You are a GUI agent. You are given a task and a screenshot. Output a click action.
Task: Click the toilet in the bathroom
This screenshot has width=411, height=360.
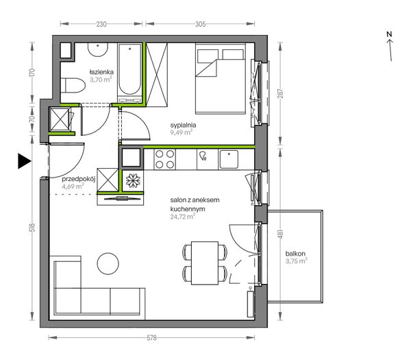pyautogui.click(x=73, y=85)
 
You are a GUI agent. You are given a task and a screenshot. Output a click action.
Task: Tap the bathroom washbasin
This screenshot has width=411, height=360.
pyautogui.click(x=98, y=49)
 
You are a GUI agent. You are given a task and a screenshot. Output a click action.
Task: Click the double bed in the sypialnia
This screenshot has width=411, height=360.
pyautogui.click(x=221, y=78)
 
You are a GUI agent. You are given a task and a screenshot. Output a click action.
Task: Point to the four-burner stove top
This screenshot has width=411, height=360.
pyautogui.click(x=164, y=159)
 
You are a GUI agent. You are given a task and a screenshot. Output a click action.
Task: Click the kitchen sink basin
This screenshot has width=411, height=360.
pyautogui.click(x=229, y=159)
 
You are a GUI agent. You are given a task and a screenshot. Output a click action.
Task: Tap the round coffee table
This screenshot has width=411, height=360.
pyautogui.click(x=108, y=263)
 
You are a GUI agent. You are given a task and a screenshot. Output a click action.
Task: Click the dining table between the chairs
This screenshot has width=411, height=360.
pyautogui.click(x=205, y=263)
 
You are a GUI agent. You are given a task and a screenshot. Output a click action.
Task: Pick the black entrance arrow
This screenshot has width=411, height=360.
pyautogui.click(x=24, y=161)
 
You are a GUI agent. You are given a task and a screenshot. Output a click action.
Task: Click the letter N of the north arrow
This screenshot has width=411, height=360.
pyautogui.click(x=389, y=34)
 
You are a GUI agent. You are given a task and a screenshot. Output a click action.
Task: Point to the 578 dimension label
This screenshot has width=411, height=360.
pyautogui.click(x=151, y=337)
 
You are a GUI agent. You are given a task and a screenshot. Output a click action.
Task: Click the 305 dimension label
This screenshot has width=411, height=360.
pyautogui.click(x=200, y=24)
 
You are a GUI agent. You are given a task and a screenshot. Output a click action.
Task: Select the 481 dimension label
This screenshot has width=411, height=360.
pyautogui.click(x=280, y=234)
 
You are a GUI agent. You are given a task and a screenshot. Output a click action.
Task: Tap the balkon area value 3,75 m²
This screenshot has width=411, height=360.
pyautogui.click(x=296, y=261)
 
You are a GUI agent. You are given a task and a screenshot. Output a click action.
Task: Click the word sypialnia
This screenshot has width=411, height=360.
pyautogui.click(x=183, y=125)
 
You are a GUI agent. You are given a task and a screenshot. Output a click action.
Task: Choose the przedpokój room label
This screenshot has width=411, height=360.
pyautogui.click(x=78, y=179)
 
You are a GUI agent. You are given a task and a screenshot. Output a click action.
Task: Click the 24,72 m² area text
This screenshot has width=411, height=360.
pyautogui.click(x=183, y=217)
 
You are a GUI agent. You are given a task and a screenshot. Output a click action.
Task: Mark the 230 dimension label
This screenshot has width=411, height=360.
pyautogui.click(x=101, y=24)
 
